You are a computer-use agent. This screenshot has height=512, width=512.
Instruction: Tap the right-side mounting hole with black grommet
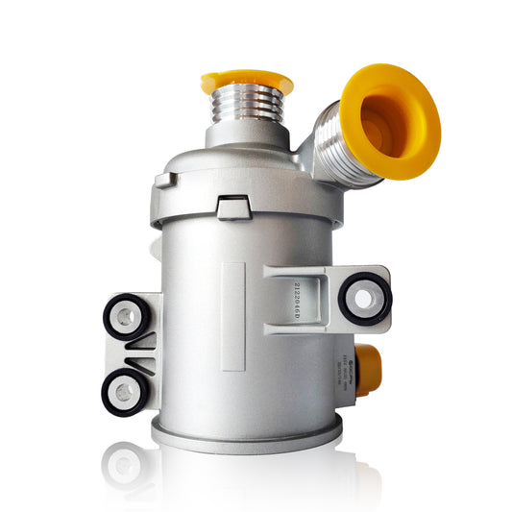click(x=361, y=299)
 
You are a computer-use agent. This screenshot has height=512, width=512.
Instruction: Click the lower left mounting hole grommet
click(x=124, y=391)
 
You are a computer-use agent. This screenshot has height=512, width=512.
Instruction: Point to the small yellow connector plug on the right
click(x=369, y=363)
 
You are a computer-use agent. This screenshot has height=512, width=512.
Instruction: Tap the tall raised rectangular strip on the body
click(x=233, y=316)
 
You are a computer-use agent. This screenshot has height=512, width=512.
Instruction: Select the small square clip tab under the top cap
click(x=232, y=206)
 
